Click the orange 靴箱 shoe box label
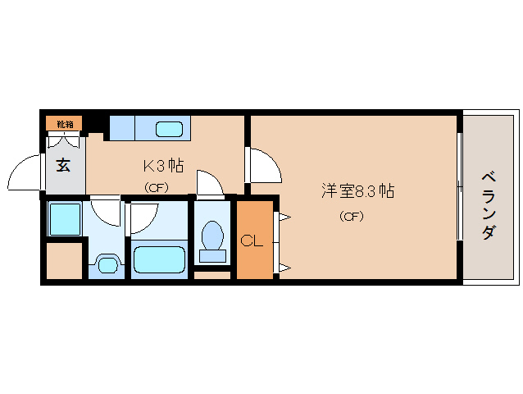tap(64, 124)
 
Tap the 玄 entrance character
tap(63, 163)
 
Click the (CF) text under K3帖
tap(156, 187)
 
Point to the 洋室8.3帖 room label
tap(357, 192)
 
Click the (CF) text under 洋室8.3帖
tap(351, 217)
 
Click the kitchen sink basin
tap(170, 129)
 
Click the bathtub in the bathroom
tap(159, 260)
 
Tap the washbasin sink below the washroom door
tap(107, 264)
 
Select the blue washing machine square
tap(63, 218)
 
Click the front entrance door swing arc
tap(24, 173)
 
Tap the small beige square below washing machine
tap(63, 261)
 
